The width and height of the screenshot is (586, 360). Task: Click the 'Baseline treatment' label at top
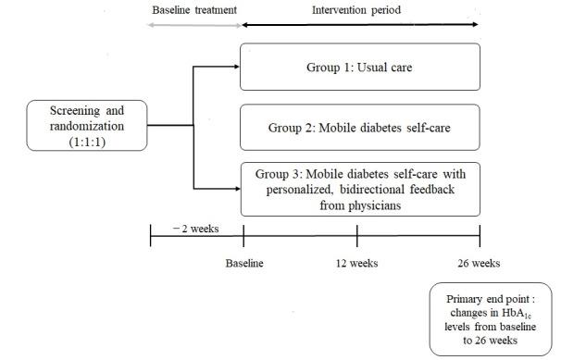pyautogui.click(x=193, y=10)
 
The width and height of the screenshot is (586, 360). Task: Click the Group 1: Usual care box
pyautogui.click(x=360, y=68)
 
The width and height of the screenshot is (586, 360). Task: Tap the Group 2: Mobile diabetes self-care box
pyautogui.click(x=360, y=127)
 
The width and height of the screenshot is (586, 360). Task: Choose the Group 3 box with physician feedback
pyautogui.click(x=360, y=188)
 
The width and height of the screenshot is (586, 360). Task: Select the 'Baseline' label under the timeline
pyautogui.click(x=243, y=263)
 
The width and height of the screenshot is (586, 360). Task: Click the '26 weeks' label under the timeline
pyautogui.click(x=479, y=263)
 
